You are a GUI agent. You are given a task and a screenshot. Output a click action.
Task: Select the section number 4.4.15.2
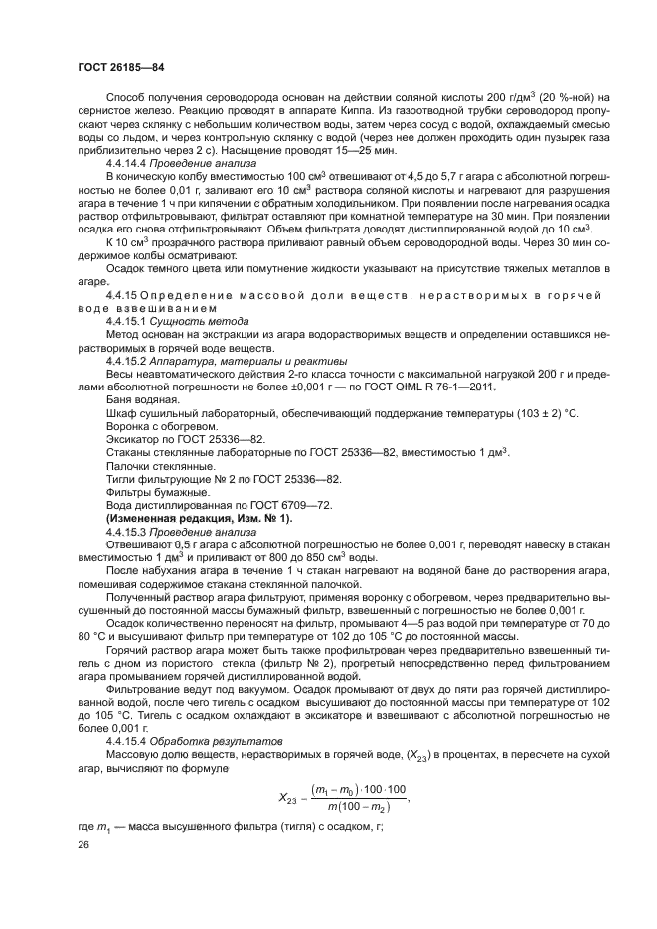tap(124, 361)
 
